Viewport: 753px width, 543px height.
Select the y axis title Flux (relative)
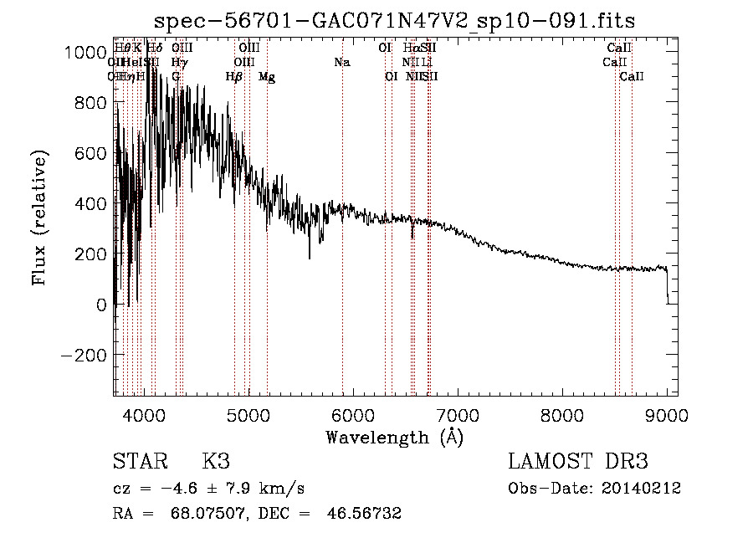point(40,218)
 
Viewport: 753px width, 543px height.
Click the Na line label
point(341,62)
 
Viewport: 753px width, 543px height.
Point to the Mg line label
point(267,77)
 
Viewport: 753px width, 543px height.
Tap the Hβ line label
point(234,77)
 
